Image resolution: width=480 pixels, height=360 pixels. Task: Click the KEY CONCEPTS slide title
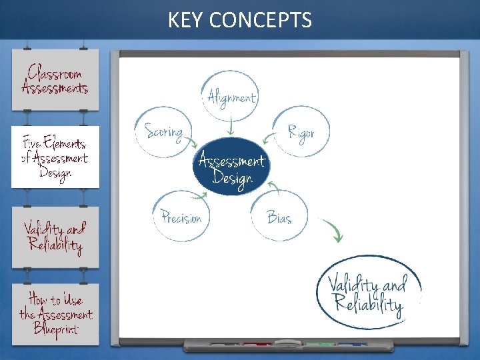pyautogui.click(x=239, y=20)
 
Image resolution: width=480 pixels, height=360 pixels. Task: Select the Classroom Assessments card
pyautogui.click(x=55, y=79)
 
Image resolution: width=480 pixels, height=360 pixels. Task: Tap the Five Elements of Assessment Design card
pyautogui.click(x=55, y=157)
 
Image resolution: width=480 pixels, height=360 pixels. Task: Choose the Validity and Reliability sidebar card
pyautogui.click(x=55, y=237)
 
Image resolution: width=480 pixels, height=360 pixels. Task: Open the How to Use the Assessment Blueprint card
pyautogui.click(x=55, y=314)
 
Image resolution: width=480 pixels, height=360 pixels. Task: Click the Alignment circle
pyautogui.click(x=231, y=97)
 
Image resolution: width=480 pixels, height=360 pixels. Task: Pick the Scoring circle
pyautogui.click(x=163, y=132)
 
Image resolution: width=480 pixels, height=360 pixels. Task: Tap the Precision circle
pyautogui.click(x=181, y=217)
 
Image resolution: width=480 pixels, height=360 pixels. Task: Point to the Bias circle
pyautogui.click(x=279, y=217)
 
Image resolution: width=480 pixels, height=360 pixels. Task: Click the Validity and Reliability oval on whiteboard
pyautogui.click(x=368, y=293)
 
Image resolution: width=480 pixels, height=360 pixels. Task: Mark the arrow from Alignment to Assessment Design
pyautogui.click(x=231, y=126)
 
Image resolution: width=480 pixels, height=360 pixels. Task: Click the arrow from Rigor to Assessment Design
pyautogui.click(x=269, y=139)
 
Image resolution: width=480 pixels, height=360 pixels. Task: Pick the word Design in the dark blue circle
pyautogui.click(x=232, y=178)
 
